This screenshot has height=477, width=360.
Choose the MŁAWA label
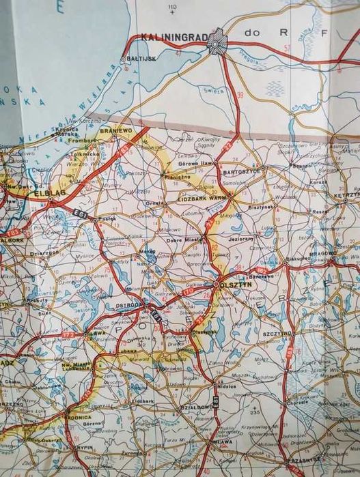221,442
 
